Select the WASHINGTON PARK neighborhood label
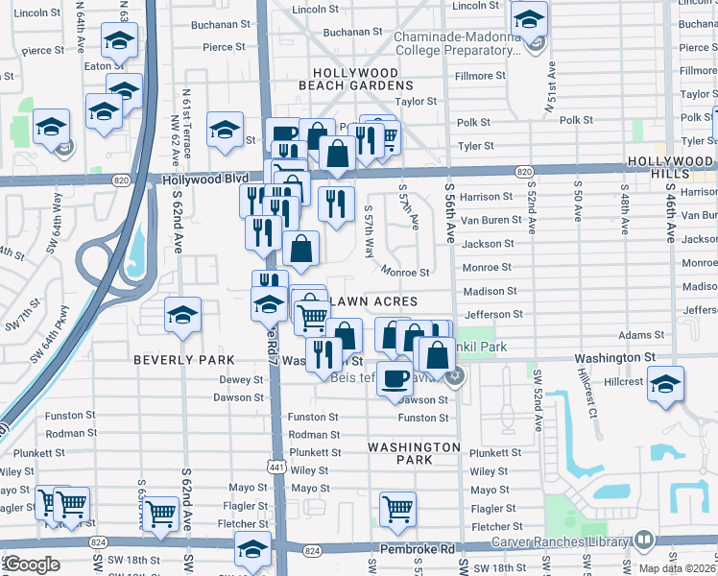(x=415, y=453)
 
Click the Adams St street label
(x=635, y=335)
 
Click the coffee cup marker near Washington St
(x=395, y=377)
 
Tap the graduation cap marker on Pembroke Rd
(x=253, y=550)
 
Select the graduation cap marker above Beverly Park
(x=181, y=314)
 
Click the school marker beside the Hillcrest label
(x=664, y=383)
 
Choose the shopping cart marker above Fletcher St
(x=396, y=508)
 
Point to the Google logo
(x=32, y=564)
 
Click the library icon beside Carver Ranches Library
(x=642, y=540)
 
